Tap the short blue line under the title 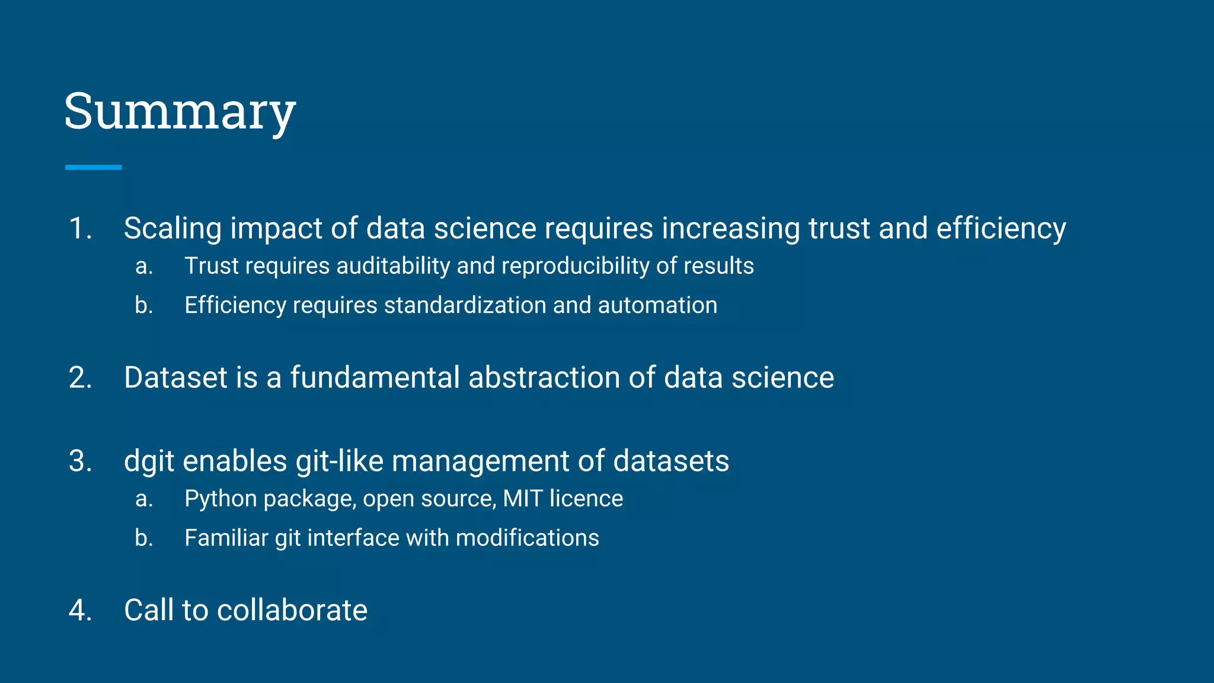93,168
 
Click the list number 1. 80,229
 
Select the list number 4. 80,611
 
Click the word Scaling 172,229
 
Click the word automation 657,305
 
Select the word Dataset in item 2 175,378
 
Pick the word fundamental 375,378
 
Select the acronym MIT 522,499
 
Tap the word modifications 527,538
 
